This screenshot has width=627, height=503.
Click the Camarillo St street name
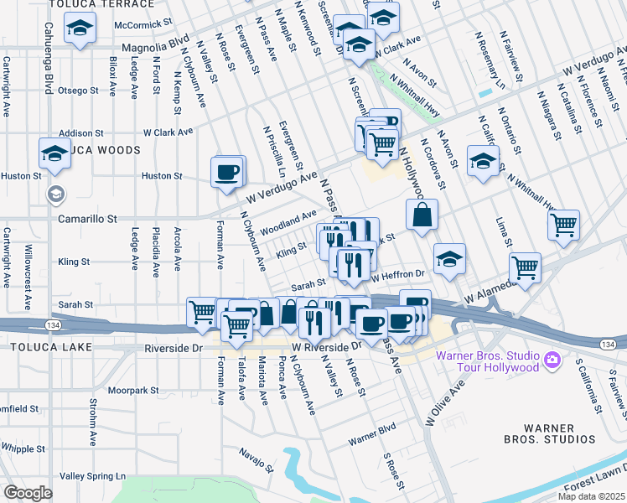tap(86, 218)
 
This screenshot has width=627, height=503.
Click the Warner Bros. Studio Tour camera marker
tap(552, 360)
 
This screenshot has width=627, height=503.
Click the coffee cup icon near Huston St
tap(227, 174)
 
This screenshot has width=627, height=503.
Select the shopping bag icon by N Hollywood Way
tap(422, 215)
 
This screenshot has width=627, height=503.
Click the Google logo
tap(28, 493)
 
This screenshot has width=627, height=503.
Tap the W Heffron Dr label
tap(398, 274)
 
